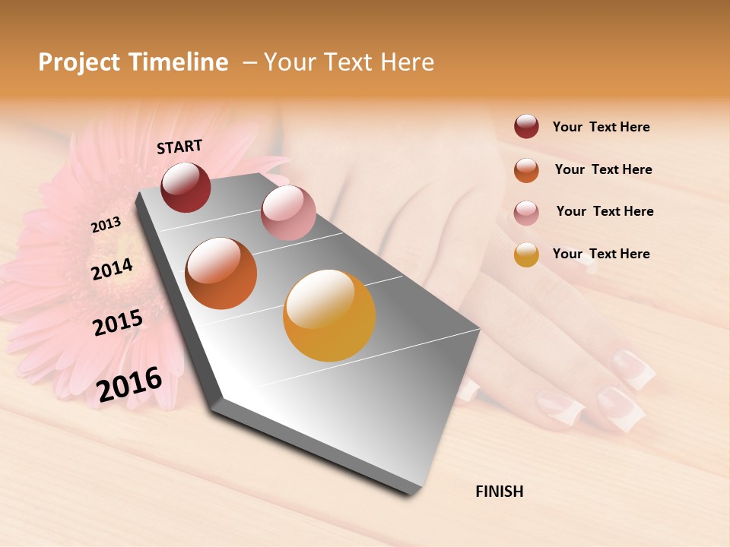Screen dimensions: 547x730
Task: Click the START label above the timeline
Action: click(x=179, y=147)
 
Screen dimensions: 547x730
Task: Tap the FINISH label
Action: click(x=499, y=492)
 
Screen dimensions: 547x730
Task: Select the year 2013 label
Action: click(x=106, y=224)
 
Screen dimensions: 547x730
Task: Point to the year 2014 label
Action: click(x=112, y=269)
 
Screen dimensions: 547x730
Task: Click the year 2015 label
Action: click(x=118, y=323)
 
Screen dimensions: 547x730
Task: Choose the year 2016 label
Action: click(x=129, y=384)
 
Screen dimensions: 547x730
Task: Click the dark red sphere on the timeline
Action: click(x=186, y=187)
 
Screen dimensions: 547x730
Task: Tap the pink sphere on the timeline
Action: click(x=288, y=213)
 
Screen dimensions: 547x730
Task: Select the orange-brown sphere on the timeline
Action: click(x=221, y=273)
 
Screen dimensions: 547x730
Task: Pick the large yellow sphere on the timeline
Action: click(x=329, y=315)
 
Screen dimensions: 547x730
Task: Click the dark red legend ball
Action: click(x=526, y=127)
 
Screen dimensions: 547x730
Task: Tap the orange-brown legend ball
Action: click(x=526, y=169)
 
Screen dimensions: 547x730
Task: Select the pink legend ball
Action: click(x=526, y=212)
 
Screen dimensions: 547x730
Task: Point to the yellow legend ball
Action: click(x=526, y=255)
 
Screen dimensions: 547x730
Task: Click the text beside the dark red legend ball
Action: click(x=601, y=127)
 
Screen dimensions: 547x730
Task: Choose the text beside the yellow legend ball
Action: click(x=601, y=254)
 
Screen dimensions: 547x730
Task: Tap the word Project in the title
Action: click(x=77, y=62)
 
